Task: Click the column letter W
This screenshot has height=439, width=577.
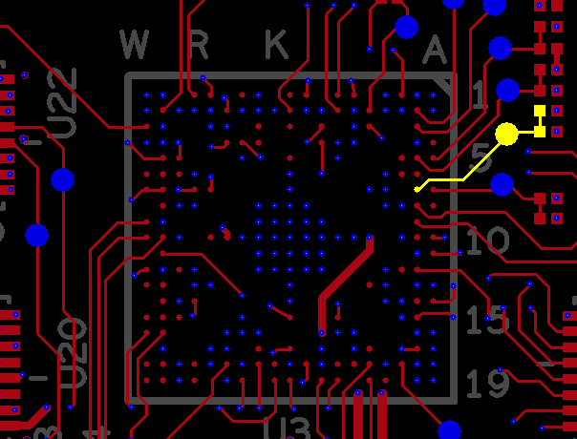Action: (x=135, y=44)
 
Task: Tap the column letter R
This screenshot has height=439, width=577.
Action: (x=200, y=44)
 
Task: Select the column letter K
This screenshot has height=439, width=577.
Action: (x=276, y=44)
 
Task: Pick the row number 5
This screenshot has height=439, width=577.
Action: (x=481, y=157)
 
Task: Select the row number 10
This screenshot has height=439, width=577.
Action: (x=487, y=240)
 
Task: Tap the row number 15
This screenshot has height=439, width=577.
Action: (x=485, y=319)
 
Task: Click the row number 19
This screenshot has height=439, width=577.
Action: (x=487, y=384)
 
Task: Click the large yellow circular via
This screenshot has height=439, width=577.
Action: (x=506, y=134)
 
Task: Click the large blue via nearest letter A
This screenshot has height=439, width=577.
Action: (x=406, y=27)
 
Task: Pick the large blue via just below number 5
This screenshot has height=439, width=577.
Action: (x=502, y=184)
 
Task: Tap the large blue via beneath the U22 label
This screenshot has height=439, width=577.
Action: (x=62, y=179)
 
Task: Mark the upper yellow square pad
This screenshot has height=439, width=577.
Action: (x=540, y=112)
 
